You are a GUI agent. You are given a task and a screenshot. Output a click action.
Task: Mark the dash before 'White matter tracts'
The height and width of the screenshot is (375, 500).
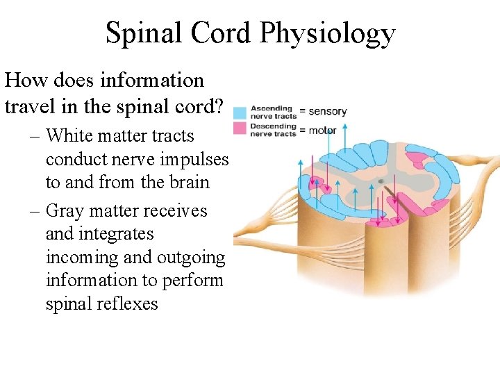pos(34,136)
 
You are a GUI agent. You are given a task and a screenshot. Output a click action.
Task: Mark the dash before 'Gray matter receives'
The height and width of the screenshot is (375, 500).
pos(34,211)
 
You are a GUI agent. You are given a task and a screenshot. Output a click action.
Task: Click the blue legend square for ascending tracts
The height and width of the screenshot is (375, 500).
pos(240,112)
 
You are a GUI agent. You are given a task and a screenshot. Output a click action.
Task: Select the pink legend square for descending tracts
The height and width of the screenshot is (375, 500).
pos(240,128)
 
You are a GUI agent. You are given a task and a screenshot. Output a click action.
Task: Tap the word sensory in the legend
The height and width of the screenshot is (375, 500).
pos(327,110)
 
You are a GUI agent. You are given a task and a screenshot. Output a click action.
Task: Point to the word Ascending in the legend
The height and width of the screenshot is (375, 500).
pos(273,108)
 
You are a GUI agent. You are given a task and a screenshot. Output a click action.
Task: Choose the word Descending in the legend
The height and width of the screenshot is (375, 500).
pos(274,126)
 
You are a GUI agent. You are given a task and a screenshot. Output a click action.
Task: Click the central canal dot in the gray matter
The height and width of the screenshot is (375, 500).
pos(380,182)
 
